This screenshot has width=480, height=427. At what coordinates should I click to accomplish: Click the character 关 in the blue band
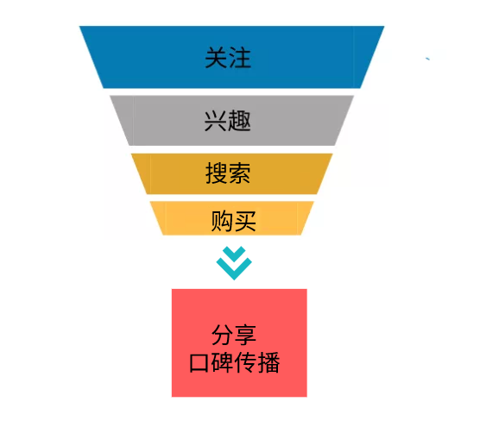pyautogui.click(x=216, y=58)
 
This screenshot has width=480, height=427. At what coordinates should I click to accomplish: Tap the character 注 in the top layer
pyautogui.click(x=240, y=58)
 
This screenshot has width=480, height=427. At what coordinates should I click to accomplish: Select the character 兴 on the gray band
pyautogui.click(x=216, y=121)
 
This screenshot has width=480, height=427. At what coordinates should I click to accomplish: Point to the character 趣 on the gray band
pyautogui.click(x=239, y=121)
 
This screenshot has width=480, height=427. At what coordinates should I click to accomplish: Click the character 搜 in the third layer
pyautogui.click(x=216, y=173)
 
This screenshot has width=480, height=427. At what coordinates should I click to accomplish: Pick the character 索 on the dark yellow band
pyautogui.click(x=239, y=173)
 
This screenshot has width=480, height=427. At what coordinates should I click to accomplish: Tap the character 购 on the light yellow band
pyautogui.click(x=222, y=221)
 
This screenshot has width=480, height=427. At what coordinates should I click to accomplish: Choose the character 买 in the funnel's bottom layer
pyautogui.click(x=245, y=221)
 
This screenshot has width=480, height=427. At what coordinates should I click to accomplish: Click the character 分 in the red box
pyautogui.click(x=222, y=335)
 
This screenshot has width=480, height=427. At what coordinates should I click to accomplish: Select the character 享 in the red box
pyautogui.click(x=245, y=335)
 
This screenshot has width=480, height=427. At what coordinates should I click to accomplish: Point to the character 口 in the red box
pyautogui.click(x=199, y=363)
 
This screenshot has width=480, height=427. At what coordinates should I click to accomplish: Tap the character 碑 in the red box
pyautogui.click(x=223, y=362)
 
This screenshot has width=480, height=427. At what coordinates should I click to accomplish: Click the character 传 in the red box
pyautogui.click(x=245, y=362)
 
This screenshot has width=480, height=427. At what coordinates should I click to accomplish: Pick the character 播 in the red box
pyautogui.click(x=268, y=362)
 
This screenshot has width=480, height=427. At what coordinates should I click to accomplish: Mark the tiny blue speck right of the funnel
pyautogui.click(x=427, y=59)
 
